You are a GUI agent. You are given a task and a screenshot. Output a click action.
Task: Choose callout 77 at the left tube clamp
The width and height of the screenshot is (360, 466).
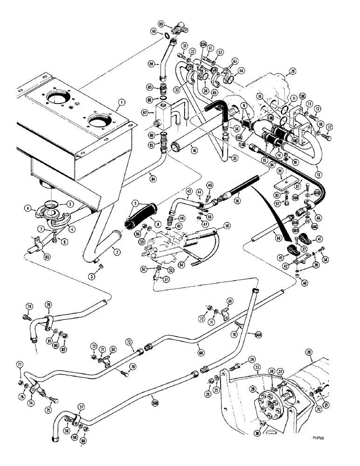tap(20, 365)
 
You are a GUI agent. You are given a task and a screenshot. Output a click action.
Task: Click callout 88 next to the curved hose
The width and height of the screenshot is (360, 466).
tap(151, 64)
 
